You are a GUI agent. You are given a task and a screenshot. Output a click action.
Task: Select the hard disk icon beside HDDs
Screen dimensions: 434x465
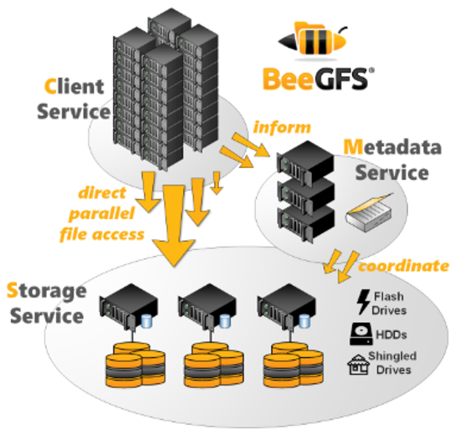(x=362, y=334)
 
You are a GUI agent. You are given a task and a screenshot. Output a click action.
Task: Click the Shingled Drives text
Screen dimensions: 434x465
(x=392, y=363)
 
